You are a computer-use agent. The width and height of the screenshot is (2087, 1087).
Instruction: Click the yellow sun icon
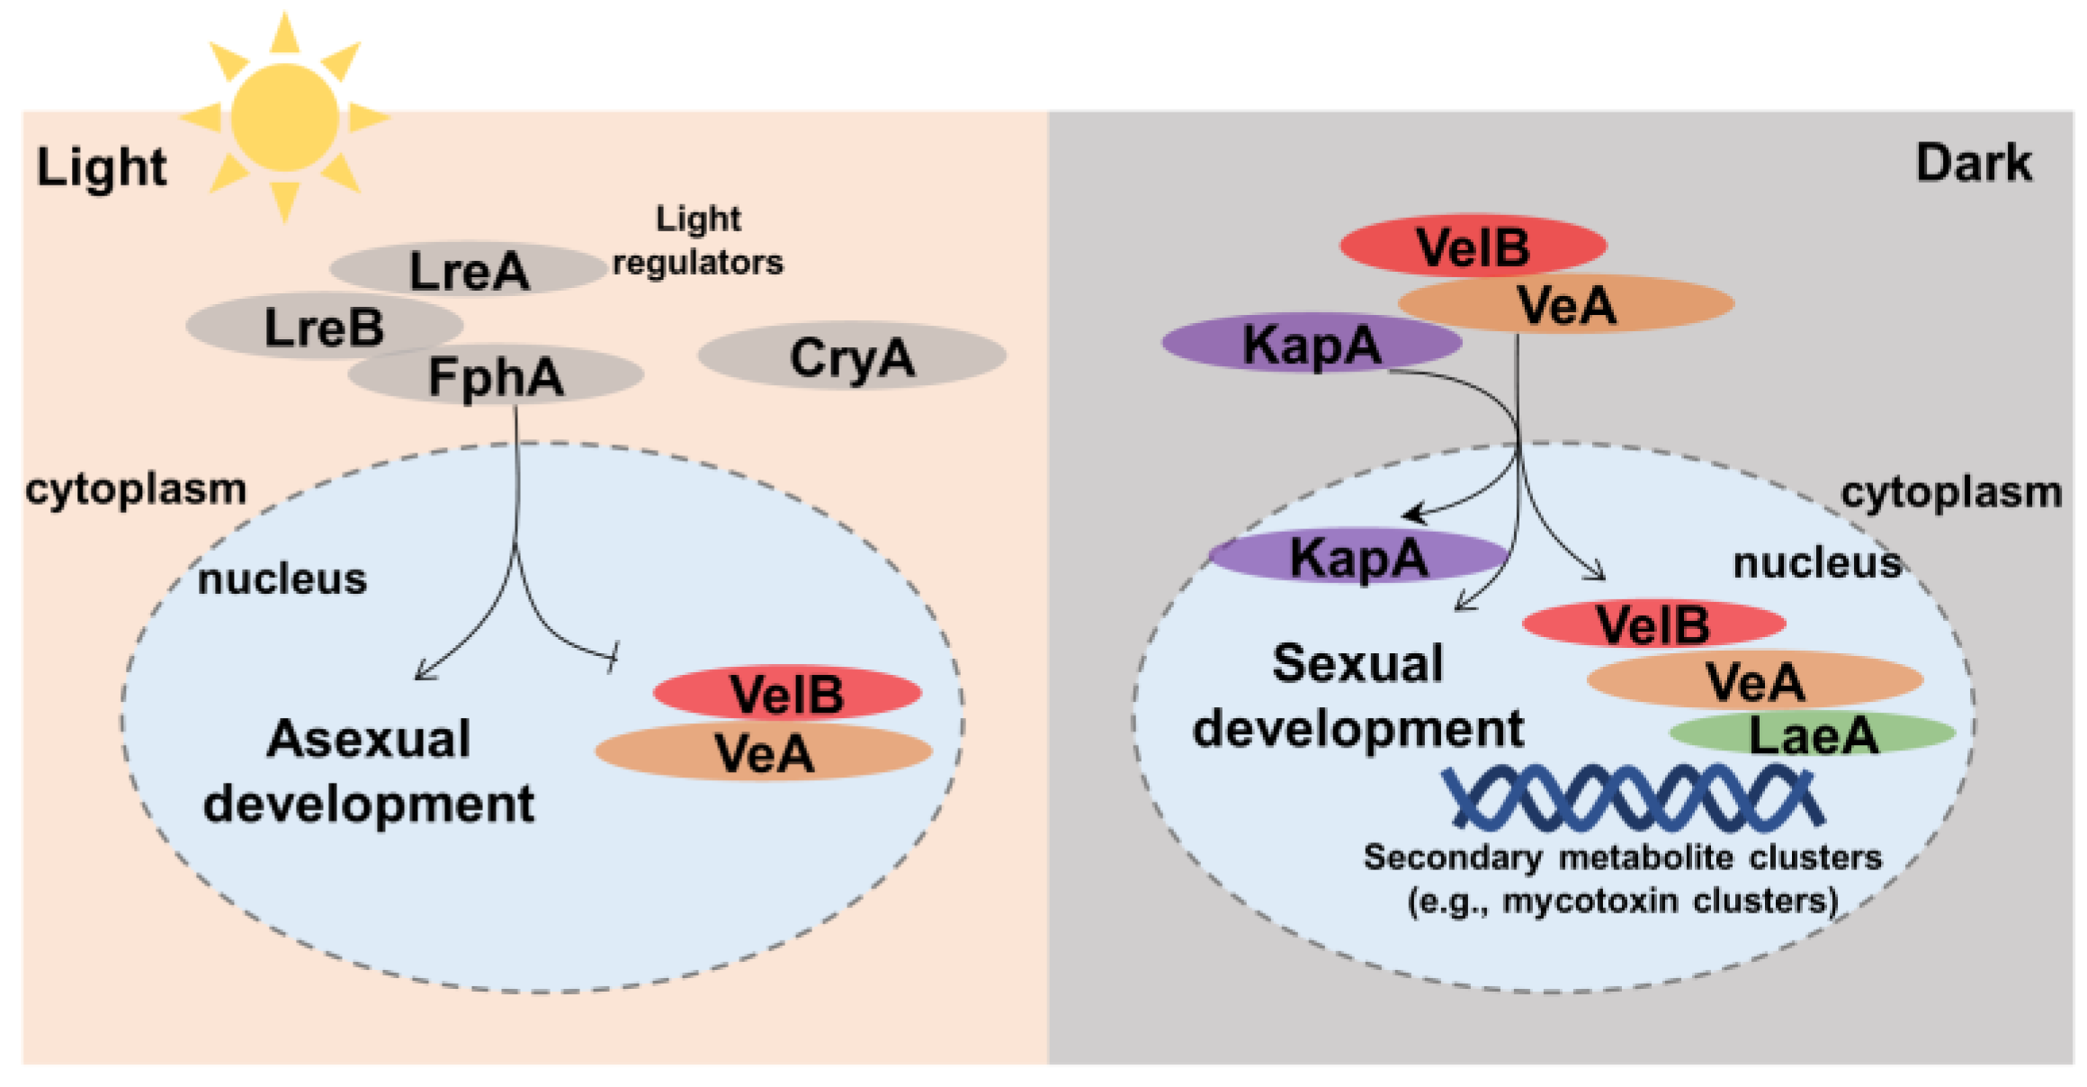click(285, 118)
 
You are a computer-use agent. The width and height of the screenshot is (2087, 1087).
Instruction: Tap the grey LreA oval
click(468, 268)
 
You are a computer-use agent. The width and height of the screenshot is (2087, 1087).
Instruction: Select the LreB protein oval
click(325, 326)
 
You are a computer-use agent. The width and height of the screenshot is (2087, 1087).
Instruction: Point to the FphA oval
click(496, 374)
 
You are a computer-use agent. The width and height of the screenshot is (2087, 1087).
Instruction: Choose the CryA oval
click(852, 355)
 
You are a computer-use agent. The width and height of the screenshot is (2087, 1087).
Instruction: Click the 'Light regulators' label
click(698, 240)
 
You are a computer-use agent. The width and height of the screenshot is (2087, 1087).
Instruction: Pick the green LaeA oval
click(1813, 732)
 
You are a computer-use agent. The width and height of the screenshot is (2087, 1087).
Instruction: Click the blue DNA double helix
click(1633, 797)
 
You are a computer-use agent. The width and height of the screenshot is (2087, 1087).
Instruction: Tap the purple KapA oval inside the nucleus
click(1358, 555)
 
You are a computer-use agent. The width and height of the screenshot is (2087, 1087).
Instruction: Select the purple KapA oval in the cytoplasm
click(1312, 343)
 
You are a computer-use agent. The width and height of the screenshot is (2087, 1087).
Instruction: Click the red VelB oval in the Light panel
click(787, 693)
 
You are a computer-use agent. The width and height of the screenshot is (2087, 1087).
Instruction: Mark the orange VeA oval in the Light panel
click(764, 751)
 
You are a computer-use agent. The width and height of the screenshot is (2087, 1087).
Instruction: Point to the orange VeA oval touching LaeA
click(1755, 680)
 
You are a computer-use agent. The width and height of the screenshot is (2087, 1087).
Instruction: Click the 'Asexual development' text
click(369, 771)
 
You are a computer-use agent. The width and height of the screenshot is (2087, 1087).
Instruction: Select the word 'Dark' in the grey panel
click(1974, 163)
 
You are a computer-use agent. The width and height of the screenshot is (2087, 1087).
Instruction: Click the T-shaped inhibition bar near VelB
click(614, 656)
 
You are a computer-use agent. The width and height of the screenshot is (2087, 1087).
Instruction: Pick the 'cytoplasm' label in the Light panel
click(136, 490)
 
